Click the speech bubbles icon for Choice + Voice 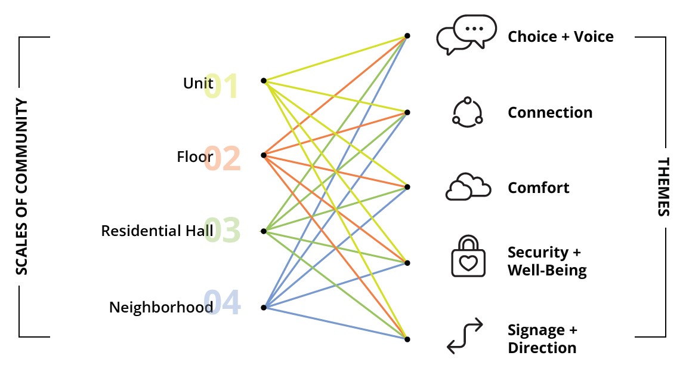(x=466, y=35)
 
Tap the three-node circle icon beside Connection (x=467, y=112)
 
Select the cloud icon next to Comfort (x=468, y=187)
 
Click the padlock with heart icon (x=468, y=257)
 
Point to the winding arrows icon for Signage (x=465, y=336)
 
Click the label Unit (x=198, y=83)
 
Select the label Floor (x=194, y=157)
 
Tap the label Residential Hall (x=157, y=231)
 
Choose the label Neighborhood (x=161, y=308)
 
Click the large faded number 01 (x=221, y=87)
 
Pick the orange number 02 (x=223, y=160)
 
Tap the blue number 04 (x=223, y=303)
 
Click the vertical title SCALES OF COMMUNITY (x=21, y=187)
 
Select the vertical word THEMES (x=663, y=187)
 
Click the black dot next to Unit (x=264, y=80)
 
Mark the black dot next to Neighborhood (x=264, y=308)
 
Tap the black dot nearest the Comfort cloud (x=407, y=187)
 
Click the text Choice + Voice (x=560, y=37)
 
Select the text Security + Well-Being (x=546, y=261)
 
